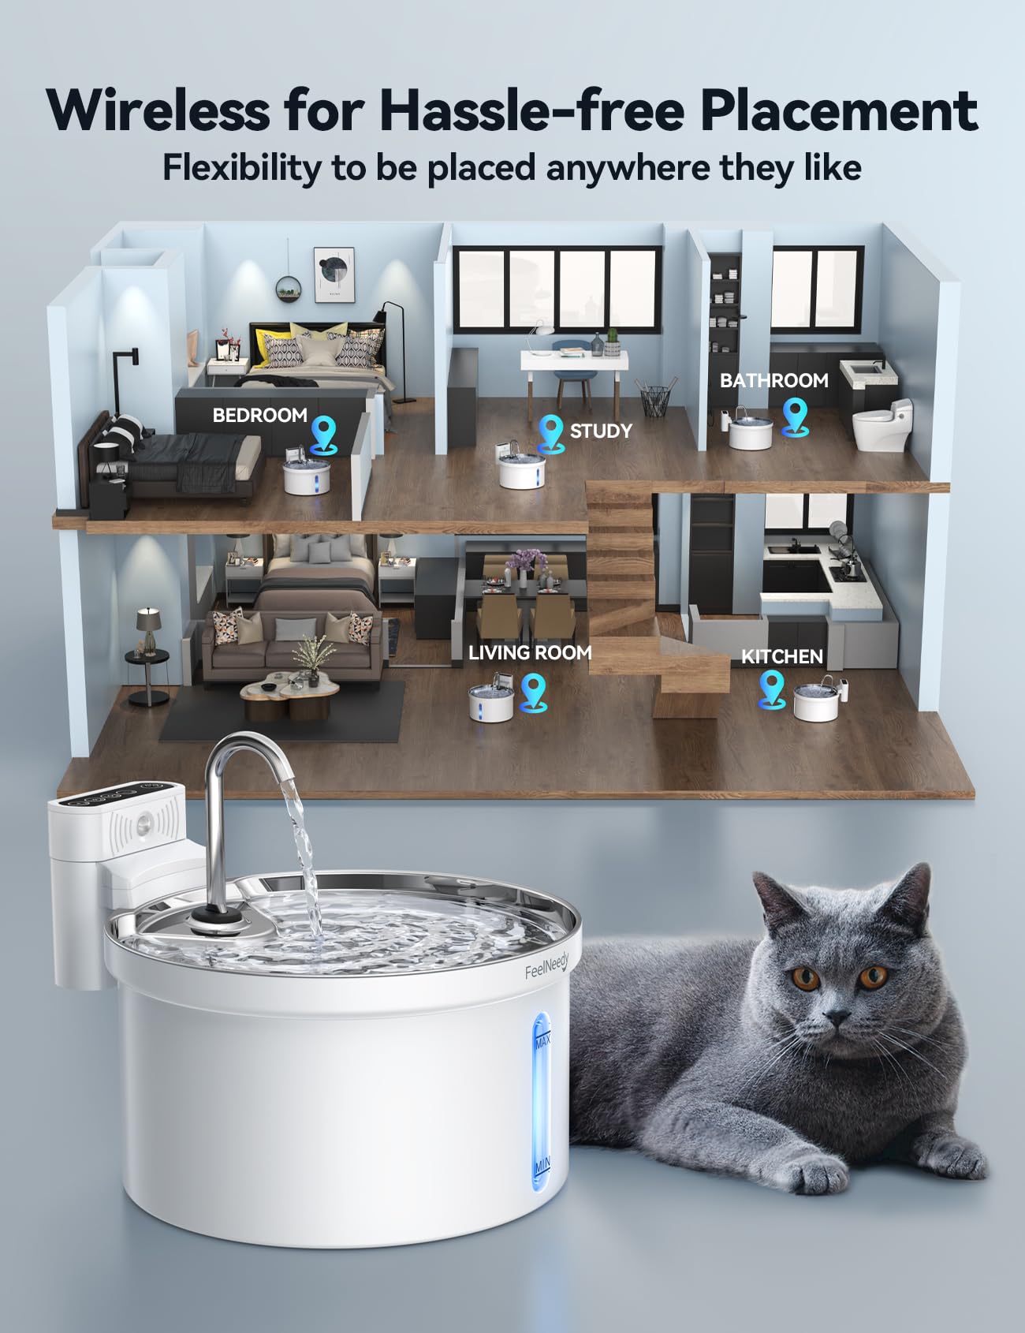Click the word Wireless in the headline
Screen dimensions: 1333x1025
158,110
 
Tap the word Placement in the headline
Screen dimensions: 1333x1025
839,110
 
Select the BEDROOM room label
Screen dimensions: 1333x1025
259,415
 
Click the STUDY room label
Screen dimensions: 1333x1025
601,431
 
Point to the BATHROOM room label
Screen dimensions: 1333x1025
773,380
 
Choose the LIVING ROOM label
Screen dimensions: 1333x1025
529,652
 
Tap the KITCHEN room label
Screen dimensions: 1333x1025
781,656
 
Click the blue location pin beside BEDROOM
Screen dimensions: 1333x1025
323,433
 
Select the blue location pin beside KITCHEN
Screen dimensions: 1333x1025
772,688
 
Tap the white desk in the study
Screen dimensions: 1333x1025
573,362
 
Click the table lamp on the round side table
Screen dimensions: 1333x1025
147,627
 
